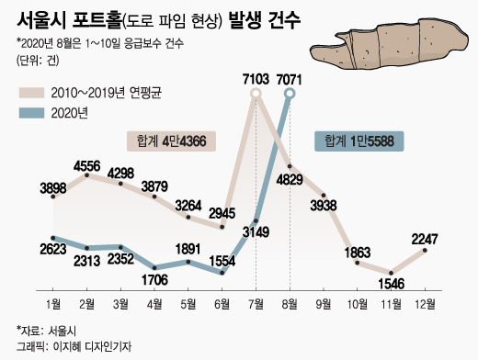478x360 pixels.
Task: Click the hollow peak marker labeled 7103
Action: [256, 94]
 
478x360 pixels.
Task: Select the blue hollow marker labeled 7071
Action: [290, 94]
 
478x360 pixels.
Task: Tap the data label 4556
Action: [87, 166]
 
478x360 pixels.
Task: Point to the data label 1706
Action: [154, 279]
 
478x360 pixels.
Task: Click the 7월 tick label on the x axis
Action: [256, 304]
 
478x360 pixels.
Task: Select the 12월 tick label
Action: [425, 304]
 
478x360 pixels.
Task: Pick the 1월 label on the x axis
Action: [53, 304]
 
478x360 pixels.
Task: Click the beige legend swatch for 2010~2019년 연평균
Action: [31, 93]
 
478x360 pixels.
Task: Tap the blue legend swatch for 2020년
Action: [31, 113]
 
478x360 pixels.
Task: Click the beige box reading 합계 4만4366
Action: [171, 141]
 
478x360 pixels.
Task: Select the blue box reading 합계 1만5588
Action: [359, 141]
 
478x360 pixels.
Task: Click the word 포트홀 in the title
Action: [97, 20]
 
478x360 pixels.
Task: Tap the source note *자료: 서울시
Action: [46, 331]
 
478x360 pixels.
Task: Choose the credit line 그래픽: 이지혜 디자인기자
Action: [74, 346]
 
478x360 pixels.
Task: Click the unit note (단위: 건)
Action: [38, 60]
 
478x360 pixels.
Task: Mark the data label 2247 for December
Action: [425, 239]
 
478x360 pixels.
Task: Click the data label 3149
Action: [256, 232]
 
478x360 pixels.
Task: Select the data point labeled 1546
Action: [391, 273]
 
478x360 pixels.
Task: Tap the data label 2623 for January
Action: [53, 249]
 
